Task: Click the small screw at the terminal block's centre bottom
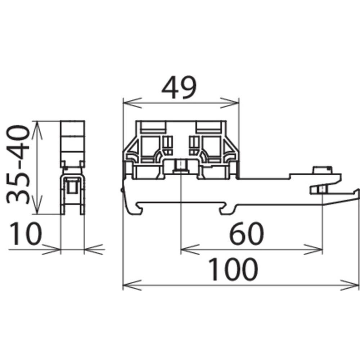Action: click(180, 166)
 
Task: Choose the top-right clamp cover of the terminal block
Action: click(209, 126)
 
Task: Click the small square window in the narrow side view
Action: click(72, 187)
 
